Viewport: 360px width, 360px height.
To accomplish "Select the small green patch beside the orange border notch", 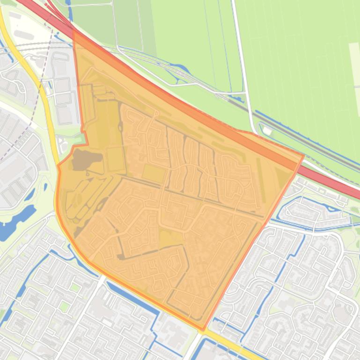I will coord(83,138).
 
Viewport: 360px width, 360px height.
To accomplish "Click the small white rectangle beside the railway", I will coord(267,130).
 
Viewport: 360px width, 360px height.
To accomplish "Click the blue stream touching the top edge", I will coord(70,7).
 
